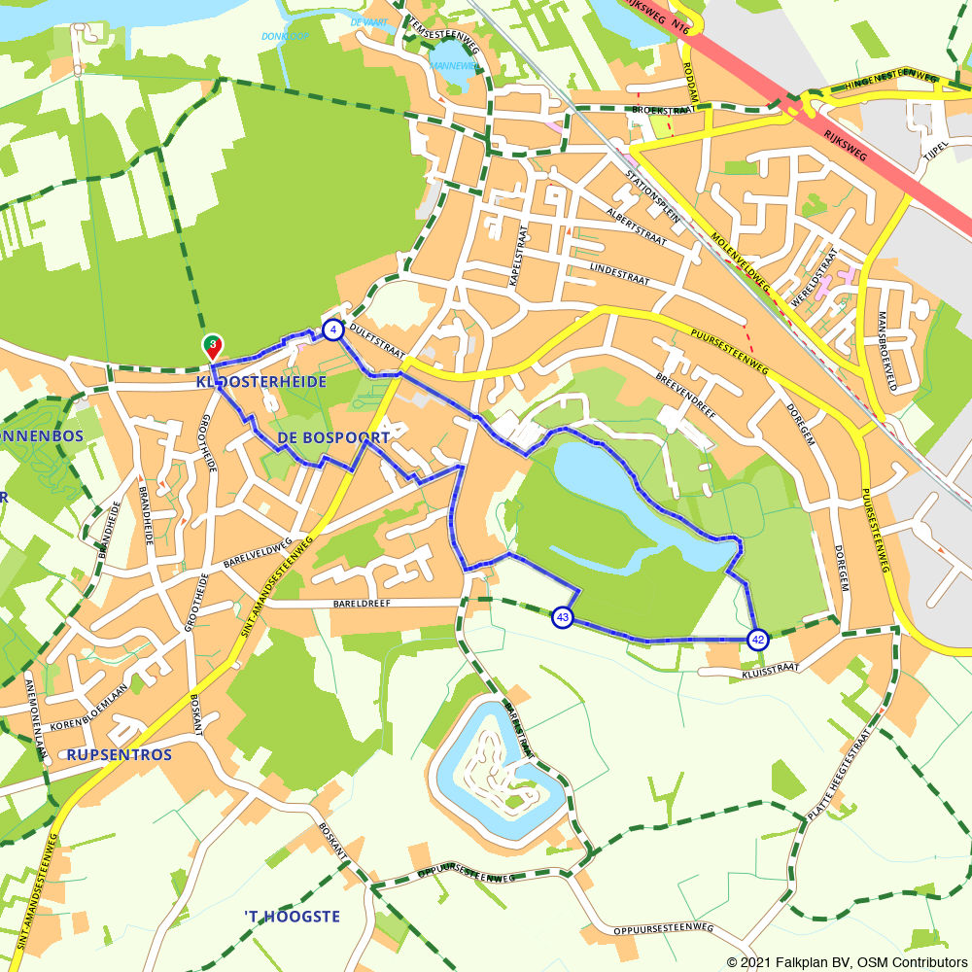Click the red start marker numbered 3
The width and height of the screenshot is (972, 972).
[212, 345]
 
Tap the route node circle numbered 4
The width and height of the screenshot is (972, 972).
[332, 330]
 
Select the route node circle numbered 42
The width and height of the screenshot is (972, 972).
[757, 639]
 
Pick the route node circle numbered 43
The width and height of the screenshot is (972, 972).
[562, 617]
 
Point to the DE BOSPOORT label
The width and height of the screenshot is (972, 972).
[333, 438]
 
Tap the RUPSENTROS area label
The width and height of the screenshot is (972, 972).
[120, 754]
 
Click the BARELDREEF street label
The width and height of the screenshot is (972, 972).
[366, 603]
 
